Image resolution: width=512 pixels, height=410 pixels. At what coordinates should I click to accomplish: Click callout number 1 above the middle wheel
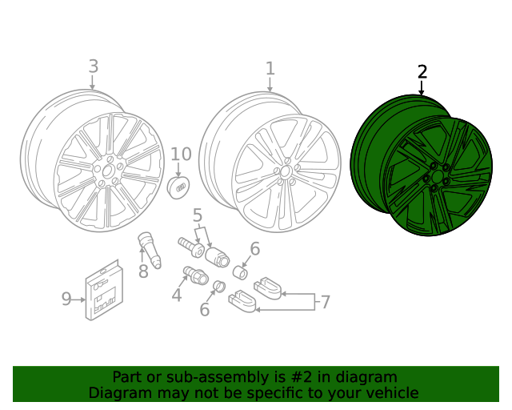pos(270,69)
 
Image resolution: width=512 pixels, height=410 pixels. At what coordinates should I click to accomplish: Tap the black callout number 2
pos(422,72)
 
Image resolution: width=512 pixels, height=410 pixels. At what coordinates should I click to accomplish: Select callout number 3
pos(93,66)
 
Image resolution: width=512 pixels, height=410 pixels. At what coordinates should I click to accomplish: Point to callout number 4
pos(176,295)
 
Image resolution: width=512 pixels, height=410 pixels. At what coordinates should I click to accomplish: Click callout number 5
pos(197,215)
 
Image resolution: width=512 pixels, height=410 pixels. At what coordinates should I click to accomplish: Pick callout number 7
pos(325,302)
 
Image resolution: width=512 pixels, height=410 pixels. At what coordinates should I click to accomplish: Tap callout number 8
pos(143,271)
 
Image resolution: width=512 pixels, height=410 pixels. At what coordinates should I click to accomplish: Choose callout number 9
pos(66,299)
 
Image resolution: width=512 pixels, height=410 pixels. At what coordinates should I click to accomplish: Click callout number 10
pos(181,154)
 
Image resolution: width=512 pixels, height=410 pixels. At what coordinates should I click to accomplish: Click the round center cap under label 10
pos(180,185)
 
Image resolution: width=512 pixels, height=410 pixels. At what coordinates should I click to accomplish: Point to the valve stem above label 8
pos(149,247)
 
